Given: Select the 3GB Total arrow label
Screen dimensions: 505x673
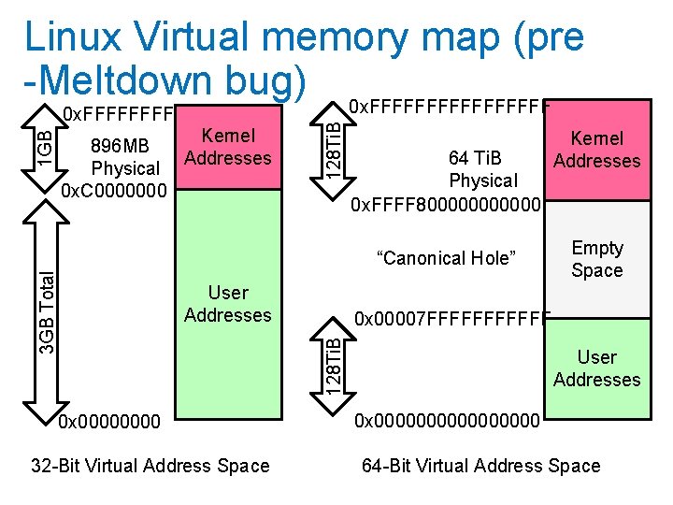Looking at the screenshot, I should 44,309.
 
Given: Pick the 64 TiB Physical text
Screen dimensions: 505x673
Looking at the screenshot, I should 482,169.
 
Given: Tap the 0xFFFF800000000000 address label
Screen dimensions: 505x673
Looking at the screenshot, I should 445,203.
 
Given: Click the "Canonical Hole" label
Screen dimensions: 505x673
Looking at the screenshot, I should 445,258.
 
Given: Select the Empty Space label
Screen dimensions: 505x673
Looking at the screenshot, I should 596,259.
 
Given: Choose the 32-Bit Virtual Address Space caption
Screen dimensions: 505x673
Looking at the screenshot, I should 150,466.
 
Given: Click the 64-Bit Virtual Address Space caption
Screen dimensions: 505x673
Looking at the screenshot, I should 481,466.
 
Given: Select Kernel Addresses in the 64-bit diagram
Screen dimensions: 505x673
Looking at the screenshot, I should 596,150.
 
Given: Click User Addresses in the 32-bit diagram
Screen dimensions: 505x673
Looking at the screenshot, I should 227,304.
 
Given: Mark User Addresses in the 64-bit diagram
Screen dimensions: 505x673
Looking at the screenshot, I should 596,368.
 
